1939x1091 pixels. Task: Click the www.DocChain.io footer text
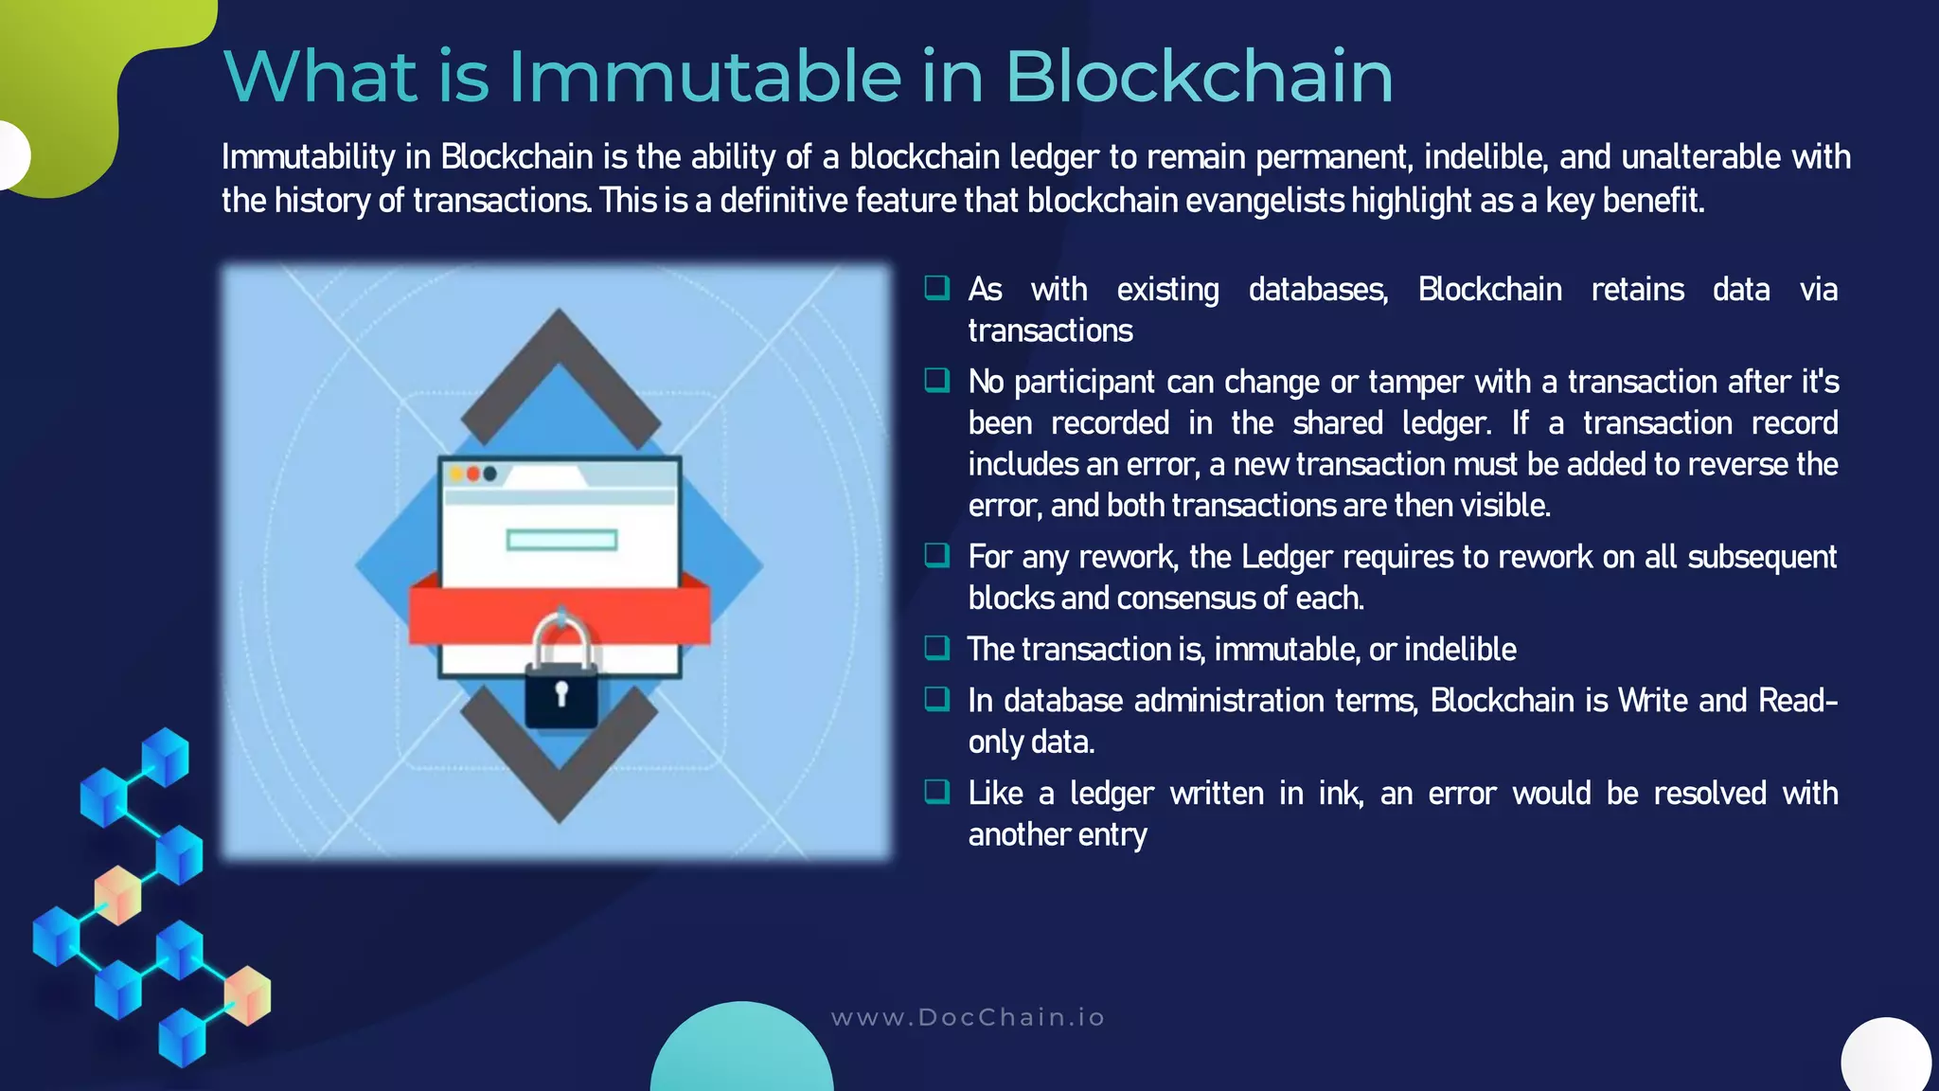tap(968, 1018)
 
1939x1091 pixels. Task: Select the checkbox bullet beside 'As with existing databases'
tap(936, 288)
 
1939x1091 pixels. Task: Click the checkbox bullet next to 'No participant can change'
tap(936, 381)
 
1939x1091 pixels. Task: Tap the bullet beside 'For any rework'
tap(936, 555)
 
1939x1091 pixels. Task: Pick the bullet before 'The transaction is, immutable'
tap(936, 648)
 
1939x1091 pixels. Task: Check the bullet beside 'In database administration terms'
tap(936, 699)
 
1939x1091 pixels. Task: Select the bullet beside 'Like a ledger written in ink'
tap(936, 792)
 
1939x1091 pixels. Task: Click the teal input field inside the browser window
tap(561, 540)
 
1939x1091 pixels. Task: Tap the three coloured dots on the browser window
tap(472, 474)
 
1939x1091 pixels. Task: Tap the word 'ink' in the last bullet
tap(1339, 794)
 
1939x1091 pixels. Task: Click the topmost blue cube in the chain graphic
tap(166, 756)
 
